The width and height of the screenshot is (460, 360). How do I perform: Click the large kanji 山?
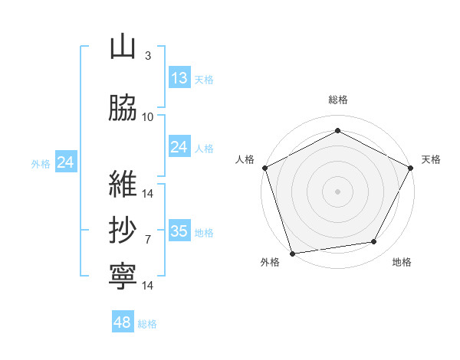123,47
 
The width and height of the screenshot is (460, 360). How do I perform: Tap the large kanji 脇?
123,107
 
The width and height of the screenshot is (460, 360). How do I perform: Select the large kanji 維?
123,184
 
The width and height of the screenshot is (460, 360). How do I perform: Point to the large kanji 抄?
123,230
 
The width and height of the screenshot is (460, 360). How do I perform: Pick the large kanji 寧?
123,277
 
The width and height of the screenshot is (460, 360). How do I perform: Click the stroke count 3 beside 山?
148,55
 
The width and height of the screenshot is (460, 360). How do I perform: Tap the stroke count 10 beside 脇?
147,117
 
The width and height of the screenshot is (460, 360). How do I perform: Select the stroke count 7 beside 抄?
148,240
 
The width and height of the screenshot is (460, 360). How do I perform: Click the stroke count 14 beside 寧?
147,285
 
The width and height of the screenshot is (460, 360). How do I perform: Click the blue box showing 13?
179,77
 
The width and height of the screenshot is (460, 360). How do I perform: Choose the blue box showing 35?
179,230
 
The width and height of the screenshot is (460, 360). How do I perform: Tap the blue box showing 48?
123,321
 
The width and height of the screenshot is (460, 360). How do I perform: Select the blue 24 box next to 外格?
66,162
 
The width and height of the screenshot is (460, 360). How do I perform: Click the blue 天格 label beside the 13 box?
204,80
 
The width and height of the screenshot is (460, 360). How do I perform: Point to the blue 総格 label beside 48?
147,324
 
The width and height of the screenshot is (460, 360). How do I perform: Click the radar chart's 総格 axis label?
338,100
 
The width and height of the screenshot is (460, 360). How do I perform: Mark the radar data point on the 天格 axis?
410,168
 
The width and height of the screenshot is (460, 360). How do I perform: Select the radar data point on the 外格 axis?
293,254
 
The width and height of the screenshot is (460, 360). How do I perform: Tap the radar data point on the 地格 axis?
374,241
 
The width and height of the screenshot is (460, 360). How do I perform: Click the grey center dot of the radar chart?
337,191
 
